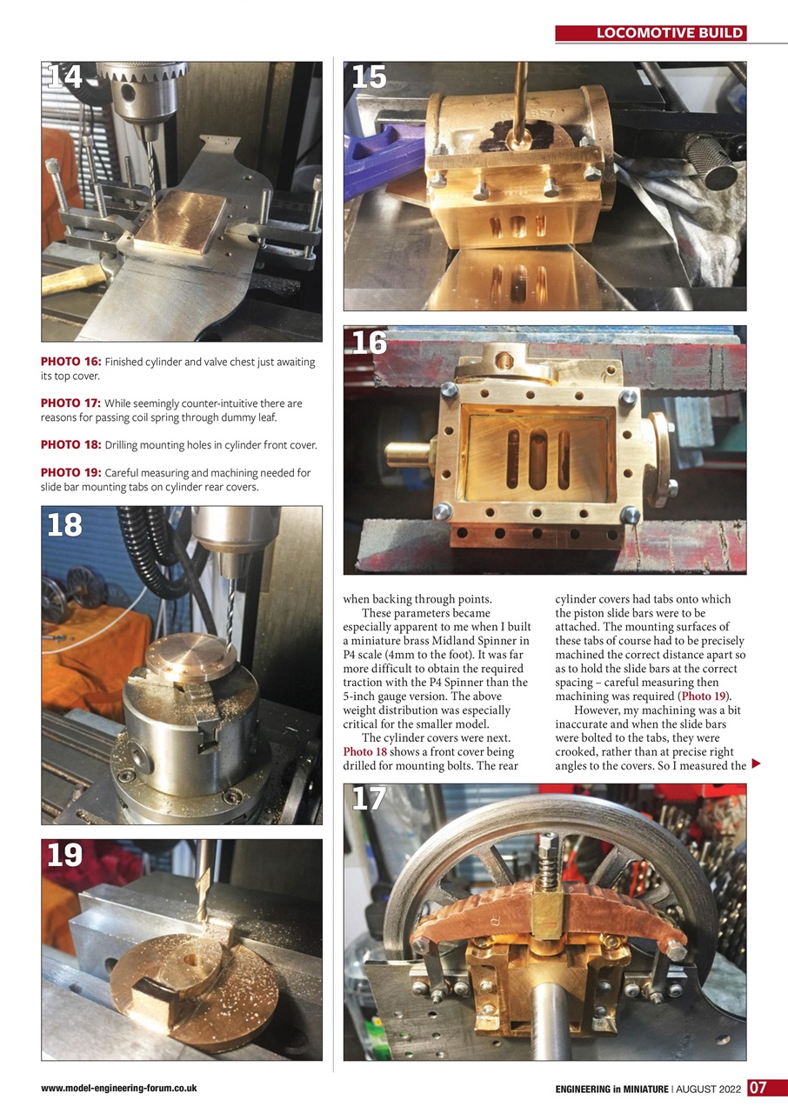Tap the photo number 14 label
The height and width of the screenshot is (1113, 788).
[65, 77]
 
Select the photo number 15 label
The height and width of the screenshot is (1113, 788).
[369, 77]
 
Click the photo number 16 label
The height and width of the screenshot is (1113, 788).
[369, 343]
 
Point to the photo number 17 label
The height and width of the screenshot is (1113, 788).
[369, 799]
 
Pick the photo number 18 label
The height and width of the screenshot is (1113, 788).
[65, 524]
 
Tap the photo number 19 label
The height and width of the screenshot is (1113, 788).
[65, 856]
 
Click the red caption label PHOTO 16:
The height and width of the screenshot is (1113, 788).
[71, 362]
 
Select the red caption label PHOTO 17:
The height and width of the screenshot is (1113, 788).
[71, 403]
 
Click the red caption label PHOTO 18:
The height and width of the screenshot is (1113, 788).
[71, 445]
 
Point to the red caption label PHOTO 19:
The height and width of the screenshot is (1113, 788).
[71, 473]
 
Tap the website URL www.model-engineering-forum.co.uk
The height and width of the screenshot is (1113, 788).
[118, 1088]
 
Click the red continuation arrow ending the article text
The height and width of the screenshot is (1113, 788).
[755, 764]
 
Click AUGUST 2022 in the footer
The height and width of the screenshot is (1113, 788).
[710, 1089]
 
